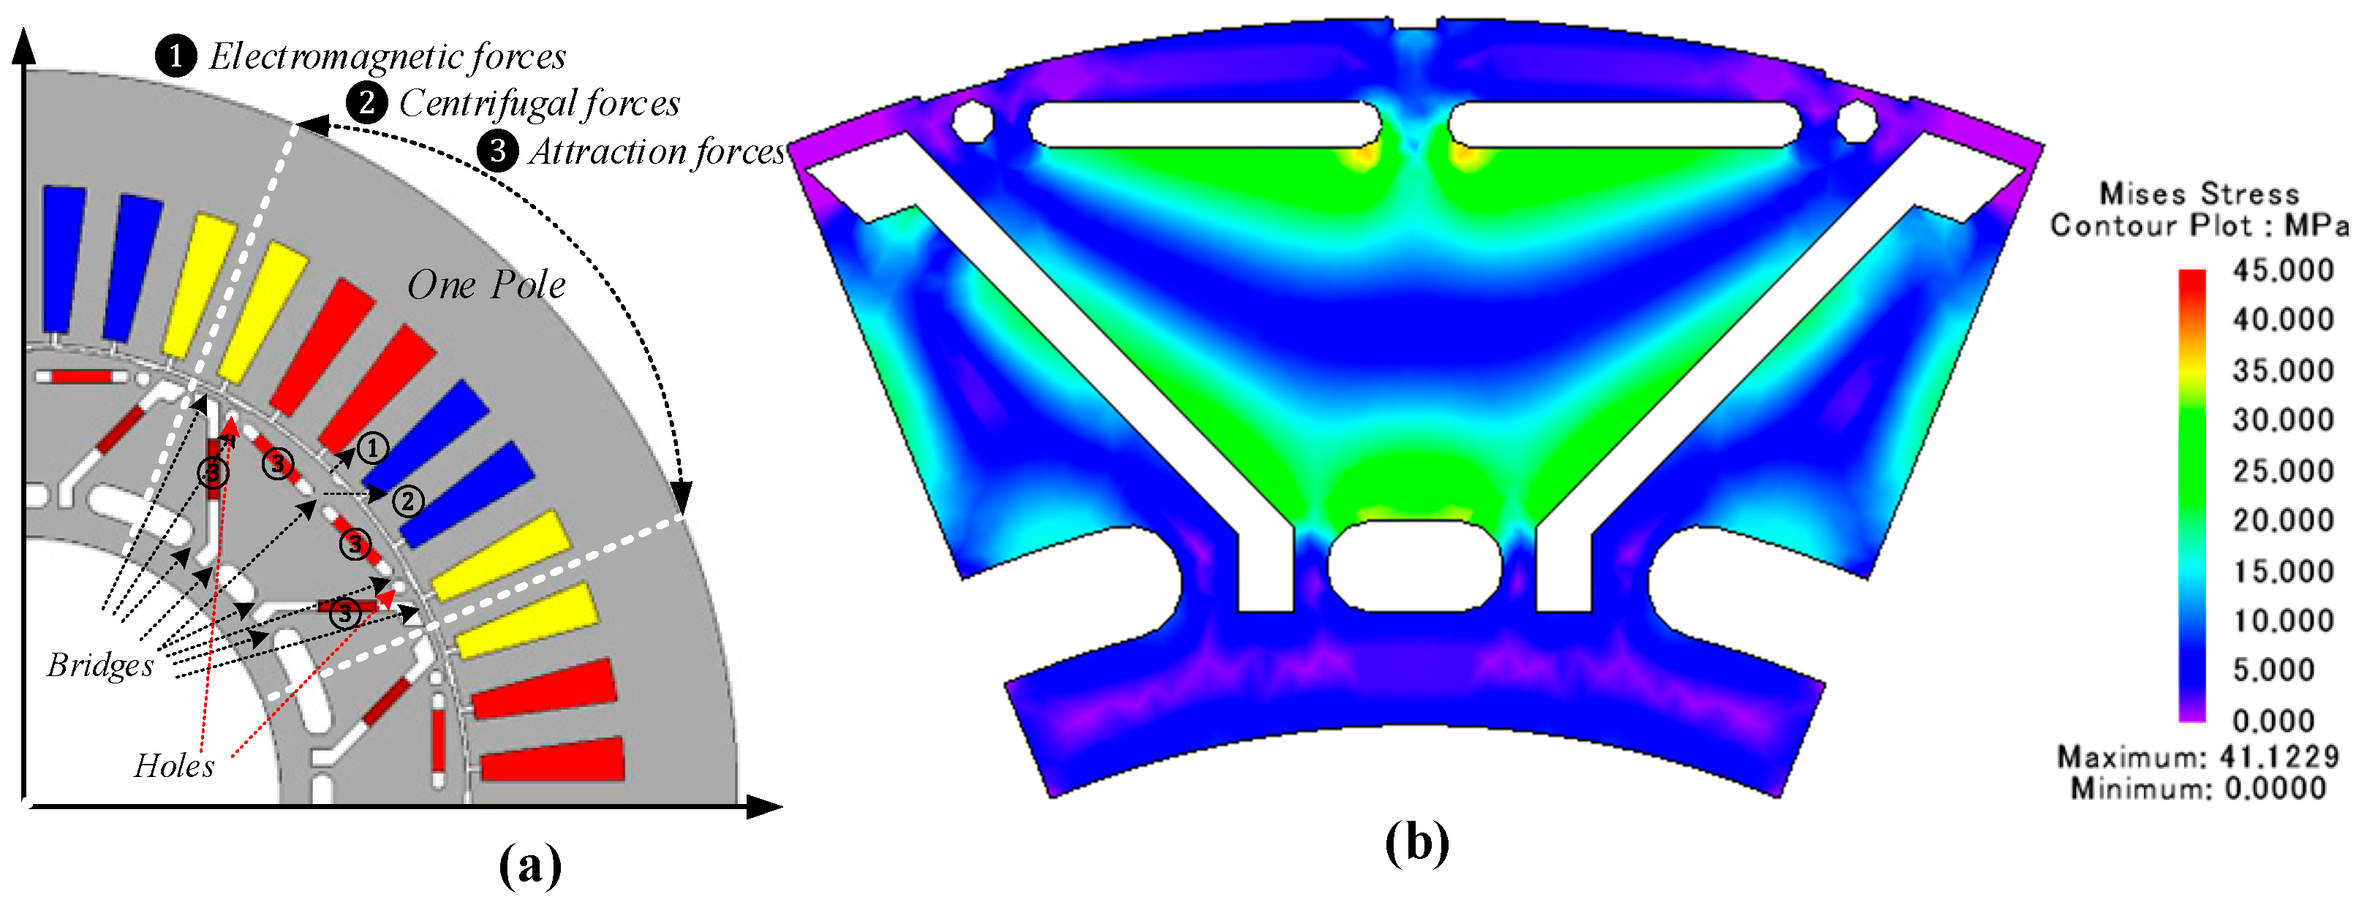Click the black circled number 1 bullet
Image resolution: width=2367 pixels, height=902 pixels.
click(175, 56)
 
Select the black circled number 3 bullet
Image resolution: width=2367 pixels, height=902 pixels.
click(498, 151)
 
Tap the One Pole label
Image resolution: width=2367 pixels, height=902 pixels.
click(486, 285)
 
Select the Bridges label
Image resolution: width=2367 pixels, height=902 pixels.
click(100, 665)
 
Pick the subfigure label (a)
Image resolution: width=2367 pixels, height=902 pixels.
click(530, 864)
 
